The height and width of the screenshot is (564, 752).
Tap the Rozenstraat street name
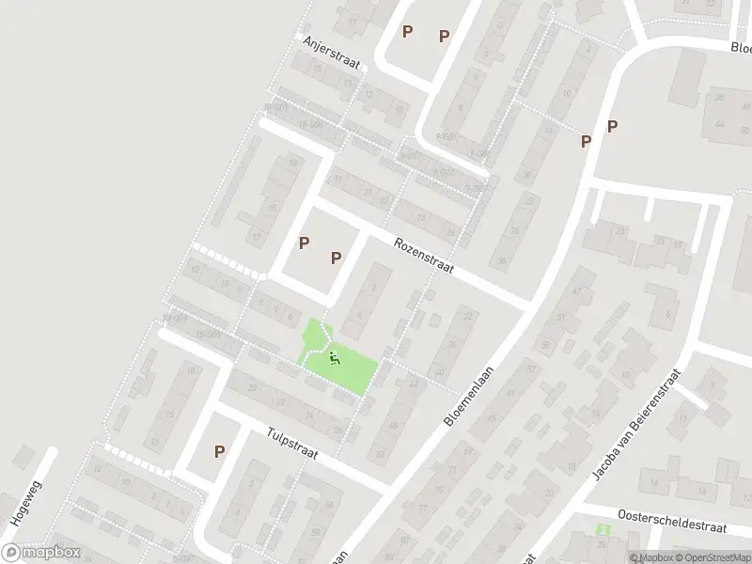point(424,254)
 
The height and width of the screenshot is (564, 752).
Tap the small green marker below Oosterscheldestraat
point(603,530)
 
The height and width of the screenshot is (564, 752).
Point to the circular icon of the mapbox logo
point(11,553)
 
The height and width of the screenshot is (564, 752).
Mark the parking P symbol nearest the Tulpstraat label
point(219,451)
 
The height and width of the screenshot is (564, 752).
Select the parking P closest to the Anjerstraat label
point(407,32)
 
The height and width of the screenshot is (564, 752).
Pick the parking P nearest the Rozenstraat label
point(336,258)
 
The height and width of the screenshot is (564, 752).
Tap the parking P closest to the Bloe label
point(612,126)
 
